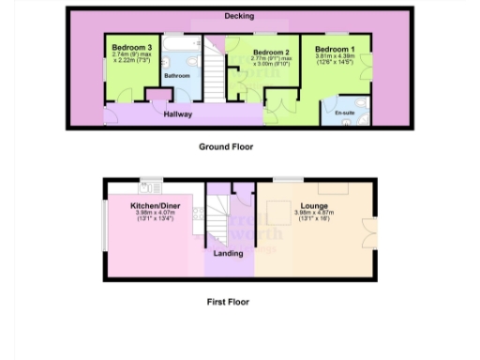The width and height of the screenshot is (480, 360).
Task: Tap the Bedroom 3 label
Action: [131, 47]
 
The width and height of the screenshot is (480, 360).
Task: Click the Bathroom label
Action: [177, 75]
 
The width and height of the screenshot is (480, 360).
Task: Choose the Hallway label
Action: [178, 114]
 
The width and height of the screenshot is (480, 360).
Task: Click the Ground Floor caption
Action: [226, 147]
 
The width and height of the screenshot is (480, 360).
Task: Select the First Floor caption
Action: [228, 302]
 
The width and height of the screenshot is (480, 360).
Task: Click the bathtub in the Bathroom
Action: [177, 43]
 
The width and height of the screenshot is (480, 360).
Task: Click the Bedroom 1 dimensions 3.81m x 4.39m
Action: [335, 59]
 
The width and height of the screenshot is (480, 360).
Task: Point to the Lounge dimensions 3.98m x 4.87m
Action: [314, 214]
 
